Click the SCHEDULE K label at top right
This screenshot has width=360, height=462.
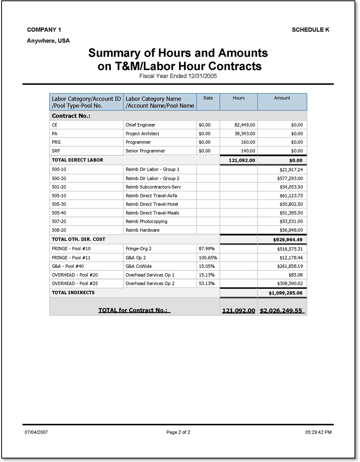[310, 30]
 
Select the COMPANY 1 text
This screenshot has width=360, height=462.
[44, 30]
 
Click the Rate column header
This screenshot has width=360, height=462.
[208, 98]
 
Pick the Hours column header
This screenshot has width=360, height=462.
[239, 98]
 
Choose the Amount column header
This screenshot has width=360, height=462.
[282, 98]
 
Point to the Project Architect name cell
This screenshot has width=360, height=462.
[142, 134]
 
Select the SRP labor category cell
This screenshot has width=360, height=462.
[56, 151]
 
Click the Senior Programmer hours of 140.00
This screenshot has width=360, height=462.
[248, 151]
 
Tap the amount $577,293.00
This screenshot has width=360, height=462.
[289, 178]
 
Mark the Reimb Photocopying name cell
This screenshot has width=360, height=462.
[146, 221]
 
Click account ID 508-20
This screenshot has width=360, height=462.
[59, 230]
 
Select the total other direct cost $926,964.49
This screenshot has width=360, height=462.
[288, 239]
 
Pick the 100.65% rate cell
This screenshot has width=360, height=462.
[208, 257]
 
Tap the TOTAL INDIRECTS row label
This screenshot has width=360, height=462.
[73, 292]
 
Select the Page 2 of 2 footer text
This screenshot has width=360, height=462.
[178, 432]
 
